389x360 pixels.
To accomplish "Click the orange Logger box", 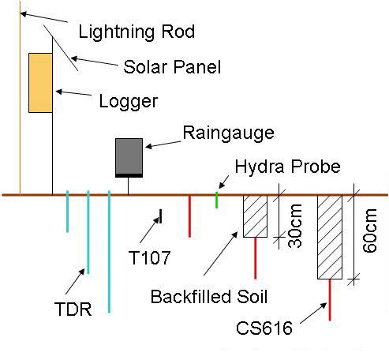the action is tap(40, 83).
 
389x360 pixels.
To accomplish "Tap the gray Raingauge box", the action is tap(129, 158).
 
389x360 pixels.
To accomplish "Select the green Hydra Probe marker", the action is tap(217, 200).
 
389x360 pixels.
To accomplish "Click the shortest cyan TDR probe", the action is tap(68, 212).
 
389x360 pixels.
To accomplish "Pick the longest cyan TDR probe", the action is tap(109, 252).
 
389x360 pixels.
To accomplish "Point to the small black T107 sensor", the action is tap(161, 216).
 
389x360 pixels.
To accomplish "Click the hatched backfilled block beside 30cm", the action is tap(255, 216).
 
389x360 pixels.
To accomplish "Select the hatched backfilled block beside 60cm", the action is tap(330, 237).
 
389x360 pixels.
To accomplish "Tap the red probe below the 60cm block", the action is tap(330, 300).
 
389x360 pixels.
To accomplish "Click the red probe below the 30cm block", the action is tap(255, 258).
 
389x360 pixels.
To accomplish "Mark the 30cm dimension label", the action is tap(295, 226).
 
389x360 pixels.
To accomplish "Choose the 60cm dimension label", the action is tap(369, 231).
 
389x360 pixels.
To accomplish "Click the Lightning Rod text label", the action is tap(137, 32).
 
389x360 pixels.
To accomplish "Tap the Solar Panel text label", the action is tap(172, 67).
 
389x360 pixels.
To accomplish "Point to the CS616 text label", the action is tap(264, 328).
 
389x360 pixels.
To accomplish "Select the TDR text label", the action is tap(73, 309).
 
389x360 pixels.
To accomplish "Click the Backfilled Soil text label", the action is tap(209, 296).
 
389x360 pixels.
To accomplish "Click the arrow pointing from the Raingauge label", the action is tap(163, 144).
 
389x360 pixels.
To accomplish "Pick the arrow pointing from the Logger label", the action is tap(74, 92).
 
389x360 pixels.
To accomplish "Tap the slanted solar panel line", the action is tap(61, 48).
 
